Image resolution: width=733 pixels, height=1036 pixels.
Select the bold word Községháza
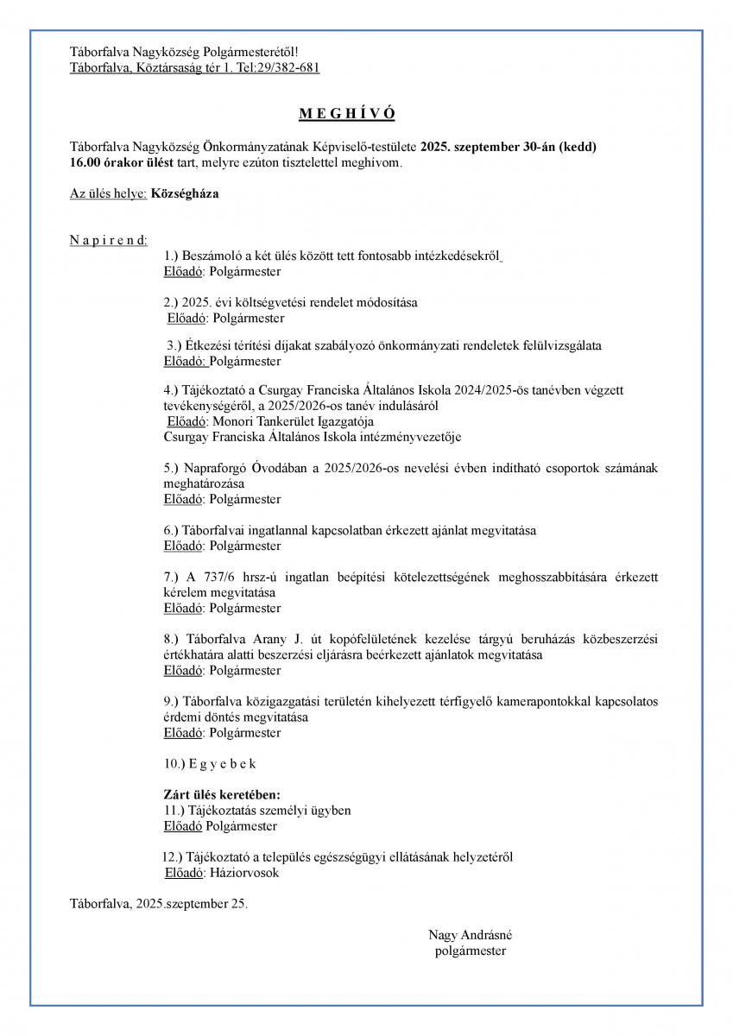click(185, 193)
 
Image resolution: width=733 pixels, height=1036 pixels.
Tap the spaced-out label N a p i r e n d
click(108, 239)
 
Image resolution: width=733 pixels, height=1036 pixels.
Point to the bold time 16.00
click(85, 162)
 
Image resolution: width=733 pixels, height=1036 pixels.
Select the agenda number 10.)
click(174, 764)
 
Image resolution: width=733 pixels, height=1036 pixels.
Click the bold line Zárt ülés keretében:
click(222, 795)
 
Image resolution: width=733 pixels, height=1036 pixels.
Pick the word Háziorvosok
click(245, 873)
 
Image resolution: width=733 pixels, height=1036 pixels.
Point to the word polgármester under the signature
click(471, 951)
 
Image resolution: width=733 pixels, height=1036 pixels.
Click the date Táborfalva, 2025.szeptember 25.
click(158, 904)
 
